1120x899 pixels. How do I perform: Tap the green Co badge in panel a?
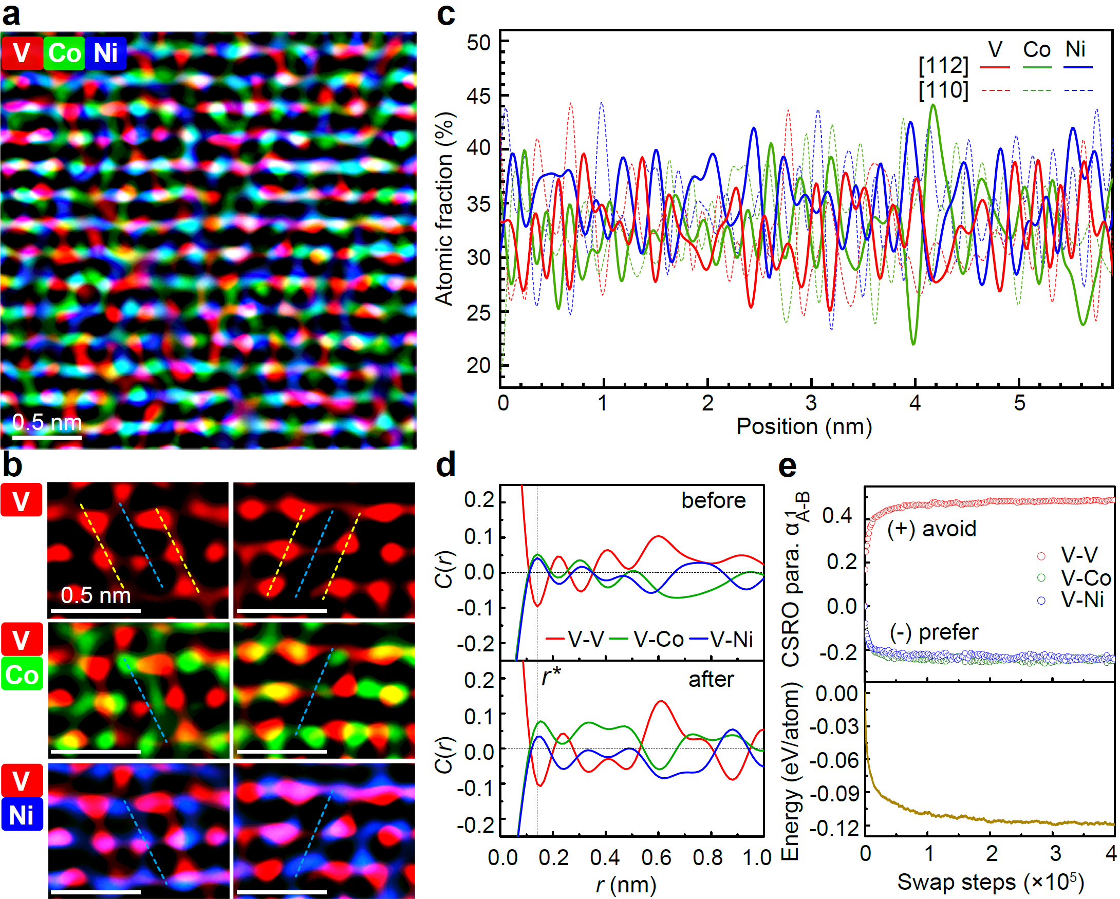click(x=64, y=53)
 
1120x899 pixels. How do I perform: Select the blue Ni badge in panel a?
click(x=105, y=53)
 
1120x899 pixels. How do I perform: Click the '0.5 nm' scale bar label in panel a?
click(x=47, y=422)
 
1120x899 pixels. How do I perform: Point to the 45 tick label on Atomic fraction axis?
click(x=478, y=96)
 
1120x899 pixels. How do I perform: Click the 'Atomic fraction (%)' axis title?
click(x=445, y=208)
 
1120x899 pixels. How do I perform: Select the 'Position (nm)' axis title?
click(x=804, y=426)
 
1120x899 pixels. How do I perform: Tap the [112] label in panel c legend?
click(x=943, y=66)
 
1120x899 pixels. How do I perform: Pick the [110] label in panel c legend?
click(x=943, y=90)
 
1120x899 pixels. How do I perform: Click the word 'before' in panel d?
click(x=713, y=501)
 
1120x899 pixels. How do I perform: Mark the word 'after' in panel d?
click(x=711, y=679)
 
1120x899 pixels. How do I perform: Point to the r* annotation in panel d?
click(x=551, y=677)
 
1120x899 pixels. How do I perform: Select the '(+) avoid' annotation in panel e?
click(x=932, y=529)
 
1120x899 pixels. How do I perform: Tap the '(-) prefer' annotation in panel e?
click(x=934, y=632)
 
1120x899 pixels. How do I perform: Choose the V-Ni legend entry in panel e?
click(x=1082, y=601)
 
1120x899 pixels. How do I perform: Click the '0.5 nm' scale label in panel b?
click(x=96, y=595)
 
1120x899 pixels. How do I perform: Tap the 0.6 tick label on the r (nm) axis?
click(x=657, y=857)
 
